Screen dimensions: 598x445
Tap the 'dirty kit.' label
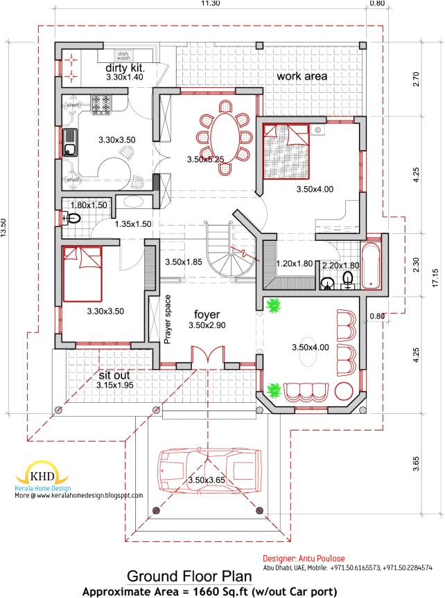coord(125,69)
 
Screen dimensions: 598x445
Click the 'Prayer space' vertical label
coord(168,318)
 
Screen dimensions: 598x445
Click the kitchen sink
coord(71,142)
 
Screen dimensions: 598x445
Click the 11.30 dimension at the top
coord(210,4)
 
